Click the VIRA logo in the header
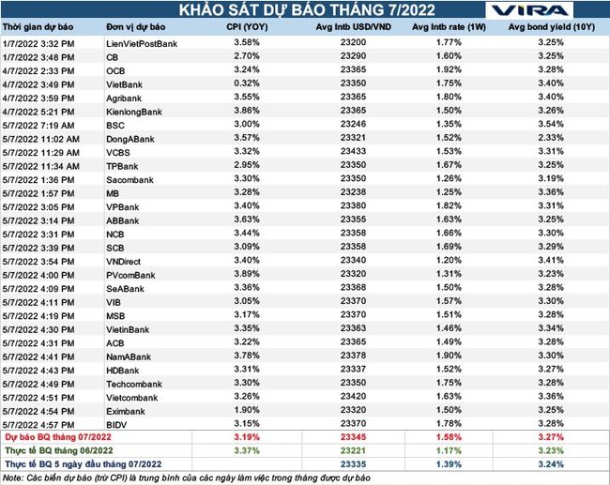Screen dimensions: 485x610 coord(543,12)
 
